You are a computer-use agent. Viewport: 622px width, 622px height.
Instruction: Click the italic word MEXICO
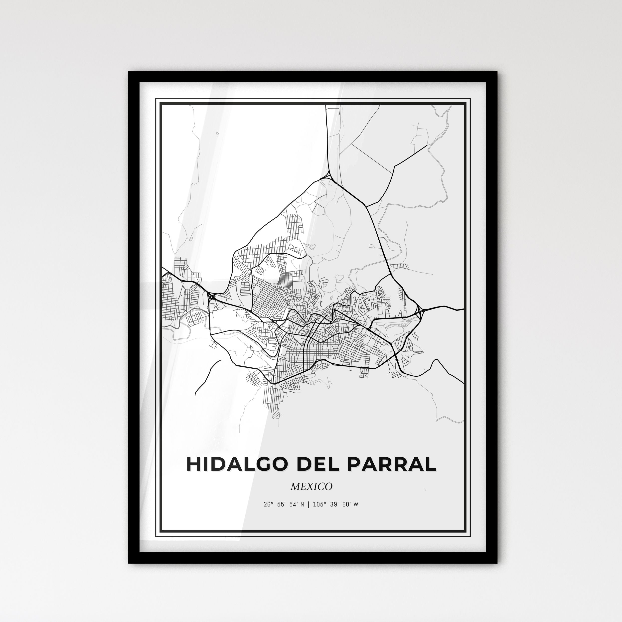[311, 486]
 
